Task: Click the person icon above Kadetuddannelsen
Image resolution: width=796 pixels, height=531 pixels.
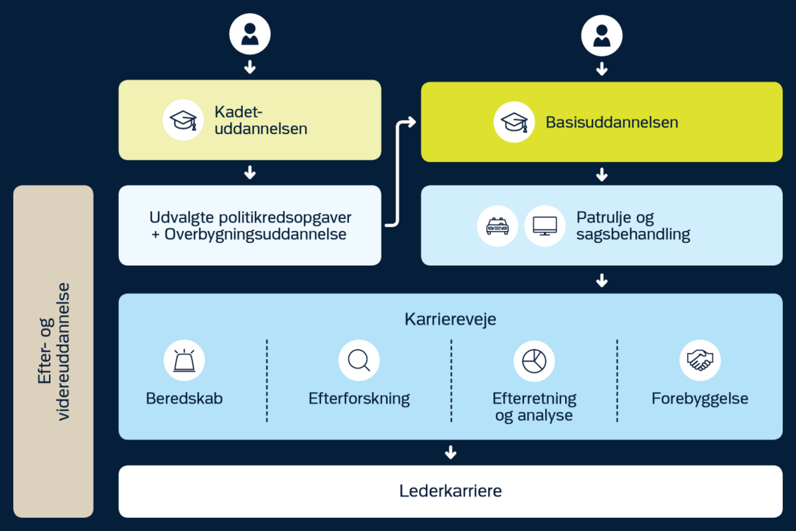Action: tap(250, 34)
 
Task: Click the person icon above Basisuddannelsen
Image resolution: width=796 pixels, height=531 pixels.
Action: tap(602, 35)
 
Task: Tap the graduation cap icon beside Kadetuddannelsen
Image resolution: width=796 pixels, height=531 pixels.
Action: tap(183, 120)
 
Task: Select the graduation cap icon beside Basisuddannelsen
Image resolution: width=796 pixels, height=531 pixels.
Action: tap(514, 122)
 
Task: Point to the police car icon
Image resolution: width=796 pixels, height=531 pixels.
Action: tap(498, 226)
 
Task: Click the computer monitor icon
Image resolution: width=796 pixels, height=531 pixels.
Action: tap(545, 226)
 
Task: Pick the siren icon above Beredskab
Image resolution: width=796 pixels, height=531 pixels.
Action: tap(184, 361)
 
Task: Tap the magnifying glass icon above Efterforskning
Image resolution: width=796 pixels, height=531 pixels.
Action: tap(359, 361)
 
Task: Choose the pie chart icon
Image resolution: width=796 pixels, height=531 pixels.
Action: tap(534, 361)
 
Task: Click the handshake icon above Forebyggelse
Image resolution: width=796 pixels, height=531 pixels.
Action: tap(700, 360)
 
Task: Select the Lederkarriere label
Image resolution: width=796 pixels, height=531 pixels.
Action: tap(450, 491)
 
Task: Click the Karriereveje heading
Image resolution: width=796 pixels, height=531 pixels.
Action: tap(450, 319)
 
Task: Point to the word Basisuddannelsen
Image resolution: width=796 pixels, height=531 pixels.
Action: tap(612, 122)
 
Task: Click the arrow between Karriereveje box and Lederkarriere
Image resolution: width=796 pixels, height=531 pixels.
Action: tap(451, 452)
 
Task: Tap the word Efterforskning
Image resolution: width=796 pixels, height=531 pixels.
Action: tap(359, 398)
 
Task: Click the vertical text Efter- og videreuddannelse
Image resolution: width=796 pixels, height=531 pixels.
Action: tap(53, 352)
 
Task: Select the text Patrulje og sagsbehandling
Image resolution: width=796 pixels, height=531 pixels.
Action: tap(633, 226)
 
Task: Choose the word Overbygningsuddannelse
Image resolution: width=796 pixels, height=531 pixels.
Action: tap(255, 234)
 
